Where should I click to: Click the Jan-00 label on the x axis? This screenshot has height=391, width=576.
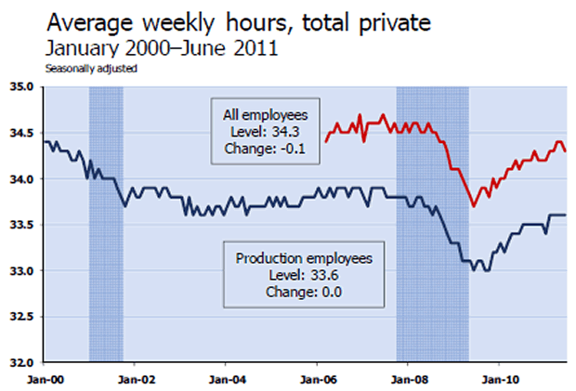(x=45, y=378)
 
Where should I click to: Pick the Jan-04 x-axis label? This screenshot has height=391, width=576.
(x=226, y=378)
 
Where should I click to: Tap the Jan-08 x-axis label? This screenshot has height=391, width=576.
(x=407, y=378)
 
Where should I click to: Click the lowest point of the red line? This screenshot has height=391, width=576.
(x=474, y=206)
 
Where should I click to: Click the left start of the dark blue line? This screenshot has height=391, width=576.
(x=46, y=142)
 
